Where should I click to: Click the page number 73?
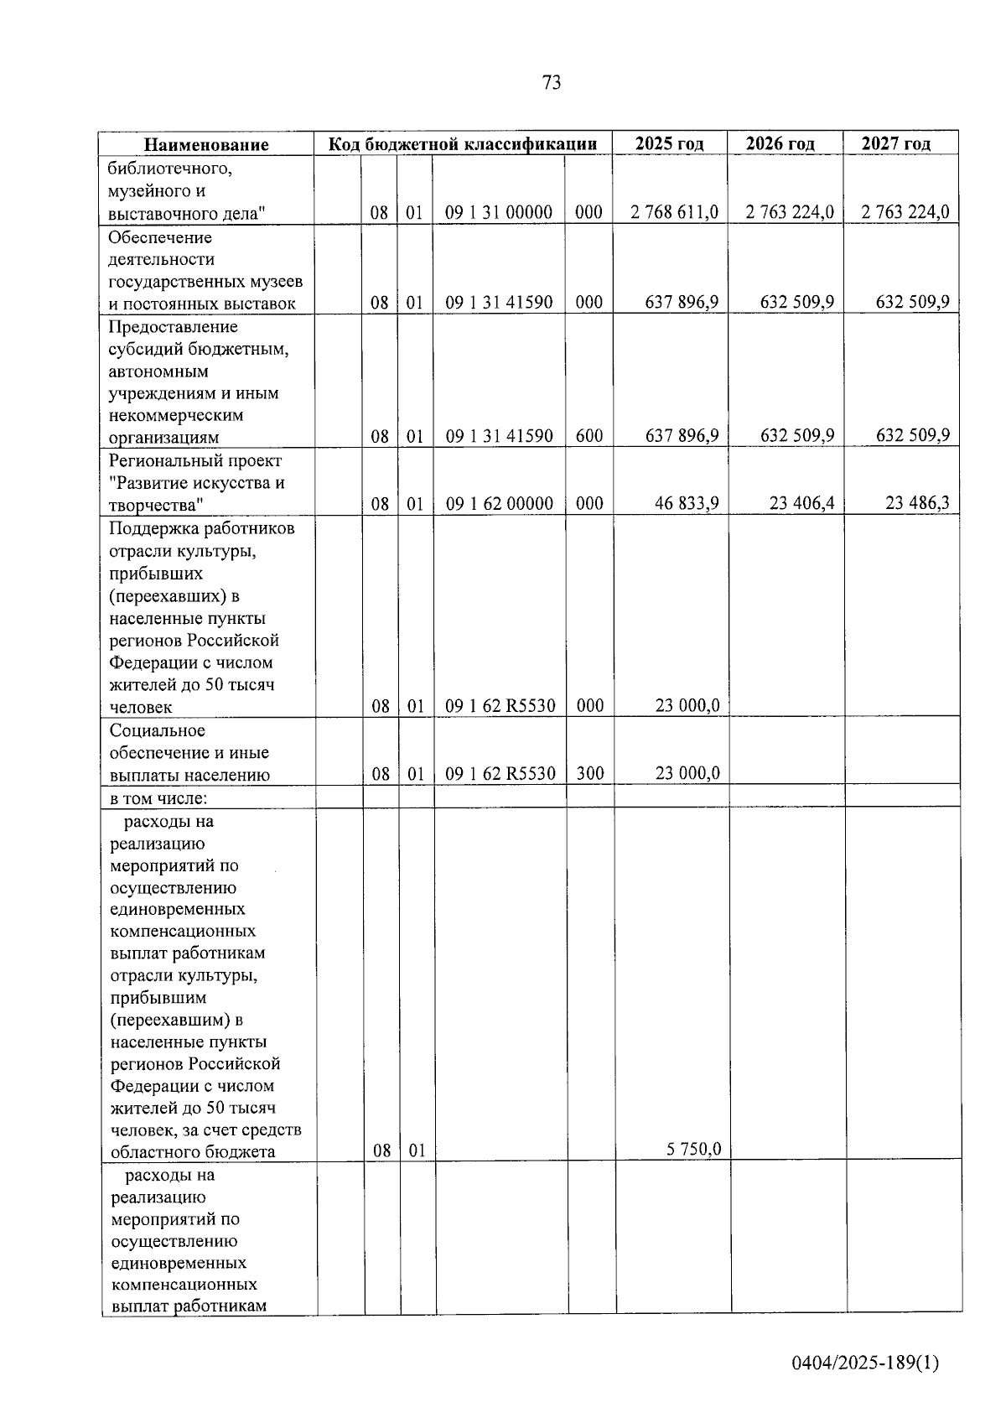(552, 82)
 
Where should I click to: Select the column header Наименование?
(206, 144)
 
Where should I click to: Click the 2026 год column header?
(780, 143)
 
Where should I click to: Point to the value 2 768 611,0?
(675, 212)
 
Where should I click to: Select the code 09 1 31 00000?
(499, 212)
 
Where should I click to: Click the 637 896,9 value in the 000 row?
(682, 302)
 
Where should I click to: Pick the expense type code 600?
(589, 436)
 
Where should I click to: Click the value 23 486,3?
(917, 503)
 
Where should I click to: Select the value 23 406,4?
(801, 503)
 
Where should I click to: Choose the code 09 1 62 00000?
(499, 503)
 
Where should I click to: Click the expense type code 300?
(590, 773)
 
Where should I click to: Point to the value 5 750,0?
(693, 1150)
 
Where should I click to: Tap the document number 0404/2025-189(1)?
(865, 1363)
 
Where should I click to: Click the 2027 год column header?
(895, 143)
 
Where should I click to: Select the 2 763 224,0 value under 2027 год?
(905, 212)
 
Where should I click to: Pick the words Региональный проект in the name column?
(195, 460)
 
